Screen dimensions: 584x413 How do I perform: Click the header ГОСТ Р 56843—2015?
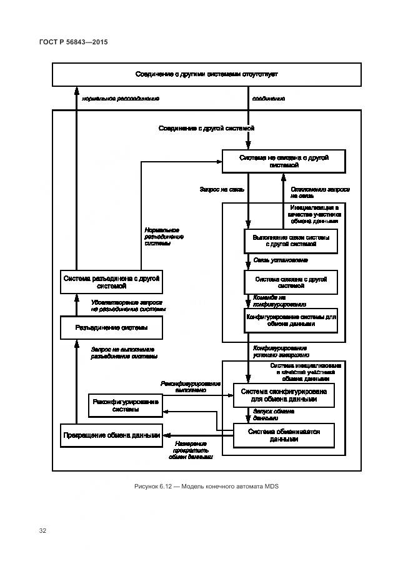(x=73, y=42)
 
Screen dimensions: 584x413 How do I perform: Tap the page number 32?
(x=43, y=531)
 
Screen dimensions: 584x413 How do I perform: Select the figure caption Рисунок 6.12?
(x=206, y=487)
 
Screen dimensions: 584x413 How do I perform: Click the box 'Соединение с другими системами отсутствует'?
(x=206, y=74)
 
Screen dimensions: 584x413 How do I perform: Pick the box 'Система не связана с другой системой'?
(x=284, y=162)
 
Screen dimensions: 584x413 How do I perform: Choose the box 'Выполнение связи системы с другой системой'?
(x=291, y=241)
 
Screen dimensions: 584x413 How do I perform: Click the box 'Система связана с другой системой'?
(x=291, y=282)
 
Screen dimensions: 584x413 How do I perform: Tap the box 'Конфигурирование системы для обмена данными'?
(x=292, y=320)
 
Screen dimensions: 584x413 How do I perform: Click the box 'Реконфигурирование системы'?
(x=126, y=406)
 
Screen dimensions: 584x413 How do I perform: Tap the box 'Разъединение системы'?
(x=111, y=327)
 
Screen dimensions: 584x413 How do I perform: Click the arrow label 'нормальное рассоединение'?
(x=121, y=99)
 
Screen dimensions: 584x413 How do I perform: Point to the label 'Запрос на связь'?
(x=222, y=189)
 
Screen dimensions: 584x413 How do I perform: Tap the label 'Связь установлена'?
(x=281, y=260)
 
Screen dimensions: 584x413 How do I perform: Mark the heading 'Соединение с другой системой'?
(x=206, y=128)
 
